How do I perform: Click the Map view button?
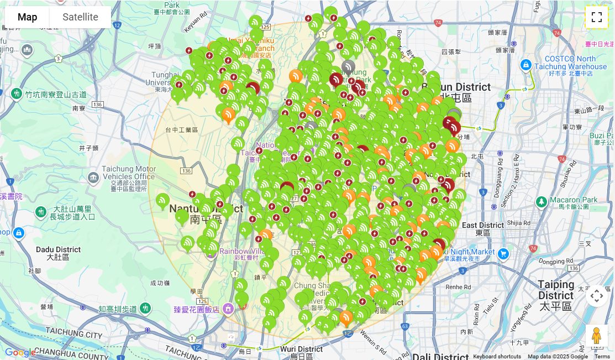click(27, 17)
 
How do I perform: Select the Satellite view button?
click(80, 17)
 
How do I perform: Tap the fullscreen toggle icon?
click(596, 17)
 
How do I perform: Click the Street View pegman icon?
click(596, 335)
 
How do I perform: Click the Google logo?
click(20, 352)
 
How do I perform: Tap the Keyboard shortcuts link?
click(497, 357)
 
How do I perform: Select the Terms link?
click(602, 357)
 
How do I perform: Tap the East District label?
click(483, 225)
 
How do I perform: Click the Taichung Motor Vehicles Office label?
click(122, 176)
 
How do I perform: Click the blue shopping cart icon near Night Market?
click(503, 254)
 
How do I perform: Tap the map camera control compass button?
click(596, 296)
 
